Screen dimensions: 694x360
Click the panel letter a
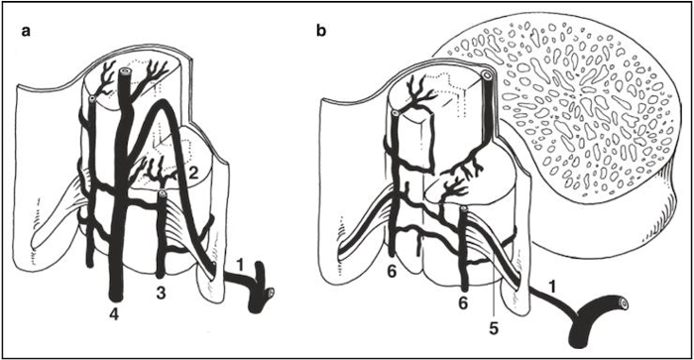(26, 32)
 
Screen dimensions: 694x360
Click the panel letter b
(321, 31)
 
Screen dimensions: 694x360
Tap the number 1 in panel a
(240, 265)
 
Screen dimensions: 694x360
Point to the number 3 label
(161, 293)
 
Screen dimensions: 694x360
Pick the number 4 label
(115, 315)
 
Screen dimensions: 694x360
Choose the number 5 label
(494, 328)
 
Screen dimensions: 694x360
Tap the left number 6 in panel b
(392, 272)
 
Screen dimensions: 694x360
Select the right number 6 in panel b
(463, 303)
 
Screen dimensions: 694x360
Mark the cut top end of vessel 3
(163, 193)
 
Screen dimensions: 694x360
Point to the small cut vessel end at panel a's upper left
(92, 98)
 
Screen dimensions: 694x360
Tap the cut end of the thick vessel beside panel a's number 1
(270, 293)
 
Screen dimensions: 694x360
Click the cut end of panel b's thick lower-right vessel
(624, 303)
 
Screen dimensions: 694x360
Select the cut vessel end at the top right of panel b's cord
(487, 75)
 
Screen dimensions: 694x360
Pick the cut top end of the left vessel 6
(396, 114)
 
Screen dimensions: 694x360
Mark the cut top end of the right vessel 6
(463, 209)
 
